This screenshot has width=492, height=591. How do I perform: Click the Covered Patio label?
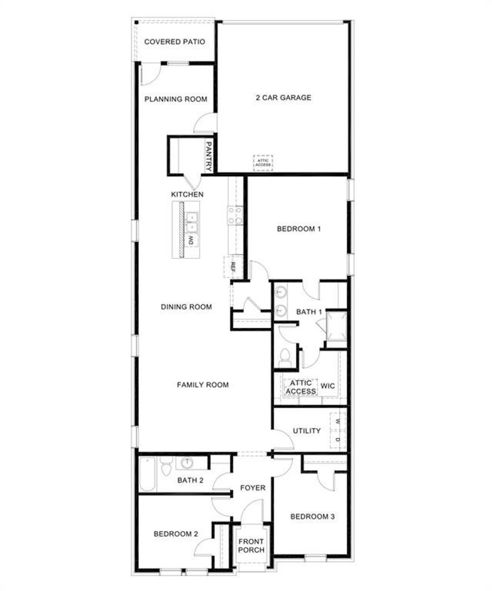point(175,42)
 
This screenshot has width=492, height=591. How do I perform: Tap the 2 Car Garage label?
point(284,98)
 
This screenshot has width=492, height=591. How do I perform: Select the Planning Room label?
point(176,99)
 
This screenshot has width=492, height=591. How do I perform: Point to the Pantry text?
point(209,156)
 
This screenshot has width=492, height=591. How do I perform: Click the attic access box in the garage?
point(263,163)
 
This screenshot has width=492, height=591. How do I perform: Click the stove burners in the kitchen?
point(235,215)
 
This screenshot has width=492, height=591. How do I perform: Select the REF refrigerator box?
point(233,266)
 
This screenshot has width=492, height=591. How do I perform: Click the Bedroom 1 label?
point(299,229)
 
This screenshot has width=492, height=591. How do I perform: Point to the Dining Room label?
point(186,307)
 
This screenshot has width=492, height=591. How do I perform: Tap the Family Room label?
point(203,385)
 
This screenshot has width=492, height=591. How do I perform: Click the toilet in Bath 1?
point(285,356)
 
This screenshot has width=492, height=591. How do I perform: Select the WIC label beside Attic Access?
point(327,386)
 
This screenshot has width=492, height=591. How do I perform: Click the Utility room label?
point(307,431)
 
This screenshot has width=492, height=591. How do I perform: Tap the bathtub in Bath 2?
point(148,474)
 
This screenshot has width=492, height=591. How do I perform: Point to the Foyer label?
point(253,488)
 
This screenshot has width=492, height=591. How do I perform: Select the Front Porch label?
point(251,546)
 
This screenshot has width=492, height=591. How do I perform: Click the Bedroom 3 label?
point(312,517)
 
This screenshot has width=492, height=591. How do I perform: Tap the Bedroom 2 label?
point(176,534)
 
